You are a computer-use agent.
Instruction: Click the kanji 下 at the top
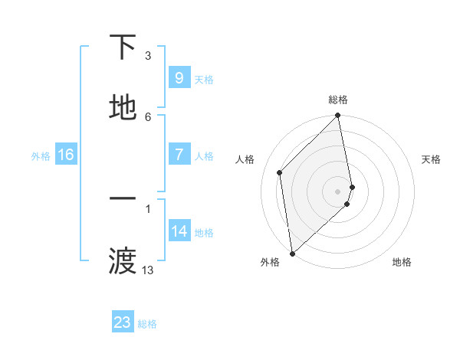(x=123, y=47)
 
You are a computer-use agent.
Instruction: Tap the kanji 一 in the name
(x=123, y=199)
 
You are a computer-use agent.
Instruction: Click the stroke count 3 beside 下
(x=148, y=56)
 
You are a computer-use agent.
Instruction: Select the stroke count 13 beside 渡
(x=148, y=270)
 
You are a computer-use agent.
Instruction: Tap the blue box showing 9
(x=179, y=77)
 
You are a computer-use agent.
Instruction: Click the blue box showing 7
(x=179, y=155)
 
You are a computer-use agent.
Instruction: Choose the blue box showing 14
(x=179, y=231)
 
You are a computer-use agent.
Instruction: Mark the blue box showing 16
(x=66, y=155)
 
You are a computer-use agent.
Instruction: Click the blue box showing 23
(x=123, y=322)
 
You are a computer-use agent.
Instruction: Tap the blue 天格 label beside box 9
(x=204, y=79)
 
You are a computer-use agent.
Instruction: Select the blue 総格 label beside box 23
(x=147, y=324)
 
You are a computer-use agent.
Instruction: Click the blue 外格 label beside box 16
(x=41, y=156)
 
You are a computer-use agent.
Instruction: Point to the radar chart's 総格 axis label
(x=338, y=100)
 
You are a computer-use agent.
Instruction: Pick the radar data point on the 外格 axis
(x=291, y=253)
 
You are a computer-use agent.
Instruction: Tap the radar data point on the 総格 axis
(x=338, y=116)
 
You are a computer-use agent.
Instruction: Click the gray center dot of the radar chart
(x=338, y=191)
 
